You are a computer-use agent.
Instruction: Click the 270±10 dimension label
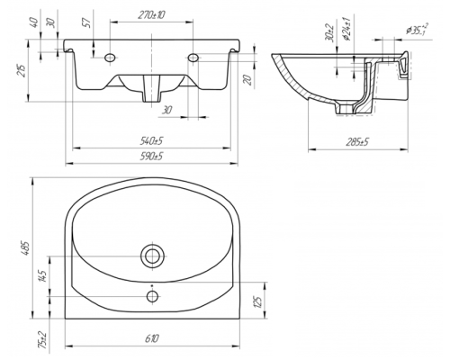point(151,14)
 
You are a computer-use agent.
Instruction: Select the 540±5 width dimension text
point(151,140)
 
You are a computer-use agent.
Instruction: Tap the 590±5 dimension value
point(151,157)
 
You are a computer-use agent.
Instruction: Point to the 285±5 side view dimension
point(357,142)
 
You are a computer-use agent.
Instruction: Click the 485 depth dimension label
point(26,248)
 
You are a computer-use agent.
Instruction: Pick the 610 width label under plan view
point(152,338)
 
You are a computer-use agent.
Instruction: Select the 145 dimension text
point(42,276)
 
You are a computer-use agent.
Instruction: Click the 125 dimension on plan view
point(257,301)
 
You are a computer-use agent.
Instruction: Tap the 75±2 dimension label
point(42,339)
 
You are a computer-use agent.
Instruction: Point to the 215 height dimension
point(22,70)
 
